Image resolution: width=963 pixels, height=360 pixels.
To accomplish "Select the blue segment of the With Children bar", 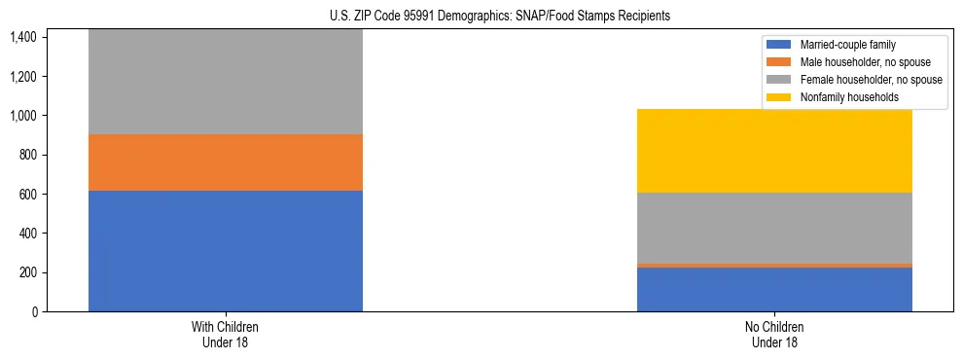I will [226, 251].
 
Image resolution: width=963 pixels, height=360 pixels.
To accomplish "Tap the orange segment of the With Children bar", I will [226, 162].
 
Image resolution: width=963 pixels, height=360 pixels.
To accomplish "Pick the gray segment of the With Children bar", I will [226, 82].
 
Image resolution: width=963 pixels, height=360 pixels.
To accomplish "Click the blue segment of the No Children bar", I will [774, 289].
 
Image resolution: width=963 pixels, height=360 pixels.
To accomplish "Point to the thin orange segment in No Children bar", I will [774, 265].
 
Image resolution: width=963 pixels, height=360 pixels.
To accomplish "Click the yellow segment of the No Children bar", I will [774, 151].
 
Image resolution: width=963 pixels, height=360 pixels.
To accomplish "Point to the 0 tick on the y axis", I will [34, 312].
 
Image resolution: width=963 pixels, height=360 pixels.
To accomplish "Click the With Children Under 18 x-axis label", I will [226, 334].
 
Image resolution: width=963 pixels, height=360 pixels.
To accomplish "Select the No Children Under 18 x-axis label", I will [774, 334].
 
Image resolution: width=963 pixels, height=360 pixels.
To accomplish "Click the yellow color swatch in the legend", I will [779, 97].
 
